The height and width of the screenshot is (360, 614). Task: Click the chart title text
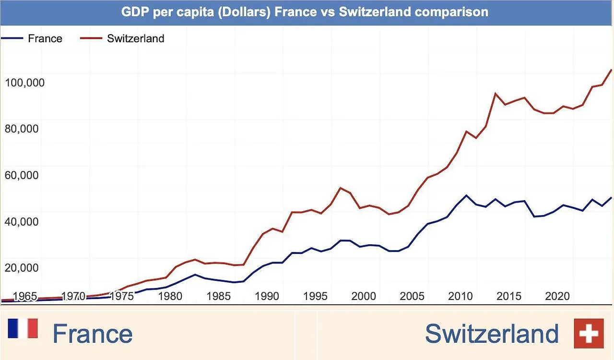click(305, 12)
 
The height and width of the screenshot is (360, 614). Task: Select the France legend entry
click(45, 38)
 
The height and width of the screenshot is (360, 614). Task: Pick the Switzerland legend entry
click(135, 38)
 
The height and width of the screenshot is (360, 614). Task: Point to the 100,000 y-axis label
click(24, 83)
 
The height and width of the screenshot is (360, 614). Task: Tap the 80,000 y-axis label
click(22, 129)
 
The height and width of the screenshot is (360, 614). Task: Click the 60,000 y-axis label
click(22, 175)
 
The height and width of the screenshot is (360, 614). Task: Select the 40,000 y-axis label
click(22, 221)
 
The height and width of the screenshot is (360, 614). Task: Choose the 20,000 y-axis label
click(22, 267)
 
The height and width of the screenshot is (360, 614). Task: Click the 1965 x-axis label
click(25, 296)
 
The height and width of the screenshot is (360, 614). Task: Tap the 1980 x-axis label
click(170, 296)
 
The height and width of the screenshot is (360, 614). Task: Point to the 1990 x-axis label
click(267, 296)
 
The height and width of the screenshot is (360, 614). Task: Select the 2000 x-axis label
click(364, 296)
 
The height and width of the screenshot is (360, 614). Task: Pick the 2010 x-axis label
click(460, 296)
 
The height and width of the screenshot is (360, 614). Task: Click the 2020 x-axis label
click(557, 296)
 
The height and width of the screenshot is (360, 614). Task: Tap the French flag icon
click(23, 329)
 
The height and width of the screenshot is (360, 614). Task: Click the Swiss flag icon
click(589, 333)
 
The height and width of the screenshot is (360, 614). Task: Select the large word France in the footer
click(92, 334)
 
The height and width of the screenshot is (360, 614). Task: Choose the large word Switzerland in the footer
click(492, 334)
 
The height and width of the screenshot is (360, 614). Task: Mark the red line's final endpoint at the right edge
click(612, 70)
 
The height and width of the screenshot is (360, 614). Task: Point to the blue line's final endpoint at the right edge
click(612, 197)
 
